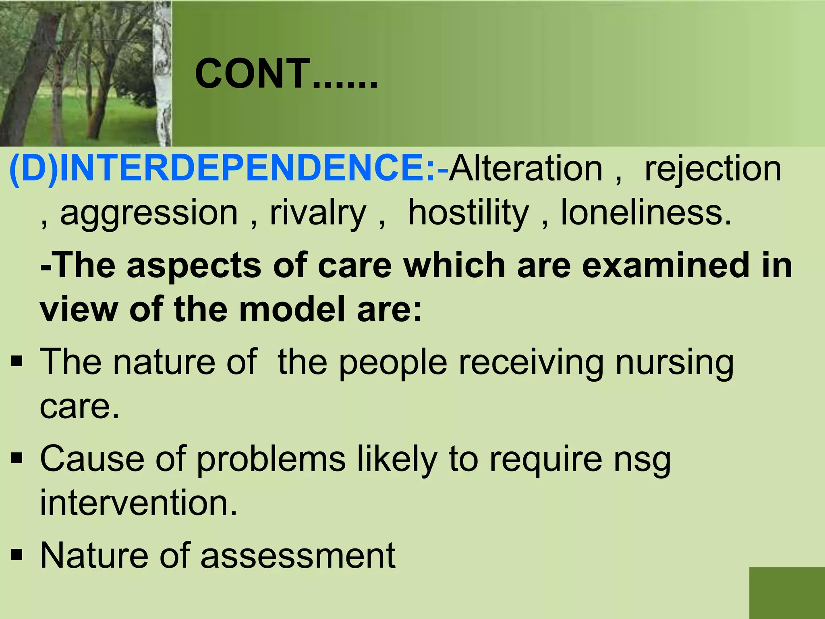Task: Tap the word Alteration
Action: click(x=526, y=168)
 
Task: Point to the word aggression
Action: click(x=149, y=214)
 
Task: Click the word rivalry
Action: click(x=318, y=214)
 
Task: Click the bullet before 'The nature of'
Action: click(x=17, y=362)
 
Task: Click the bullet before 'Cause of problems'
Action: click(x=17, y=458)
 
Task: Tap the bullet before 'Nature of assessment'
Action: click(x=17, y=556)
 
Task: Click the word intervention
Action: click(x=138, y=503)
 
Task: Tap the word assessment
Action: click(x=298, y=556)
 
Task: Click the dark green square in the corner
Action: click(x=787, y=593)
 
